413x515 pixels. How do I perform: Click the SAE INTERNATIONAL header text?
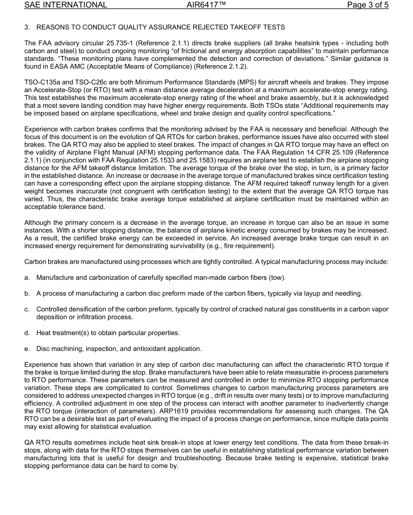pos(66,5)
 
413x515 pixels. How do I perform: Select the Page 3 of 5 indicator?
pos(368,5)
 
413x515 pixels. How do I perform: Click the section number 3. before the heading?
pos(27,27)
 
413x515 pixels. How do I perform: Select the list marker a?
pos(27,278)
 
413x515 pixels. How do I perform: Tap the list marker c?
pos(27,309)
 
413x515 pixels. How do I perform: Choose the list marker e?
pos(27,349)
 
